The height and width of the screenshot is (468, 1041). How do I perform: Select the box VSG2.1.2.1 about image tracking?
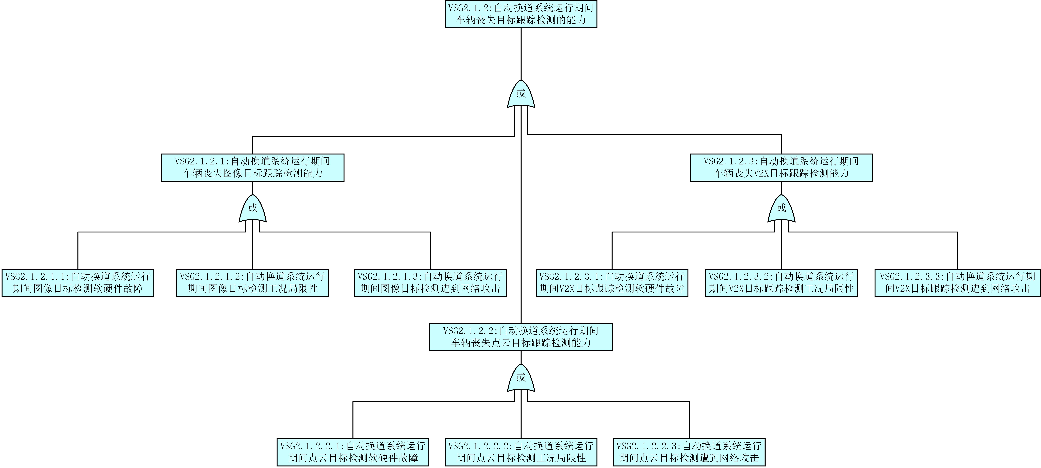click(253, 167)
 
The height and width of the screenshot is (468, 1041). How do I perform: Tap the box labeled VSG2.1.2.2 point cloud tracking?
click(521, 337)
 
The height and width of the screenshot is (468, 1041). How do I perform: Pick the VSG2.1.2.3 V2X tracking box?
click(781, 167)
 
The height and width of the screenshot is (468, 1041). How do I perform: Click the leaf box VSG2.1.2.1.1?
click(78, 283)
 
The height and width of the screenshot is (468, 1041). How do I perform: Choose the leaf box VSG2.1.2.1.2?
click(253, 283)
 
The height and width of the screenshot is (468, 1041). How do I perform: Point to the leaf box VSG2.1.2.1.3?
click(430, 283)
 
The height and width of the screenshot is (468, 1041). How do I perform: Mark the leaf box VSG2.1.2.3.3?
click(958, 283)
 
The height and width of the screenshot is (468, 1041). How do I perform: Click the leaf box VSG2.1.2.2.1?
click(353, 452)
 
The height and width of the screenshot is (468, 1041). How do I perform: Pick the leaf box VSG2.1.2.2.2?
click(521, 452)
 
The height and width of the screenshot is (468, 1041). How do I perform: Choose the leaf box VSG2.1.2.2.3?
click(689, 452)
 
